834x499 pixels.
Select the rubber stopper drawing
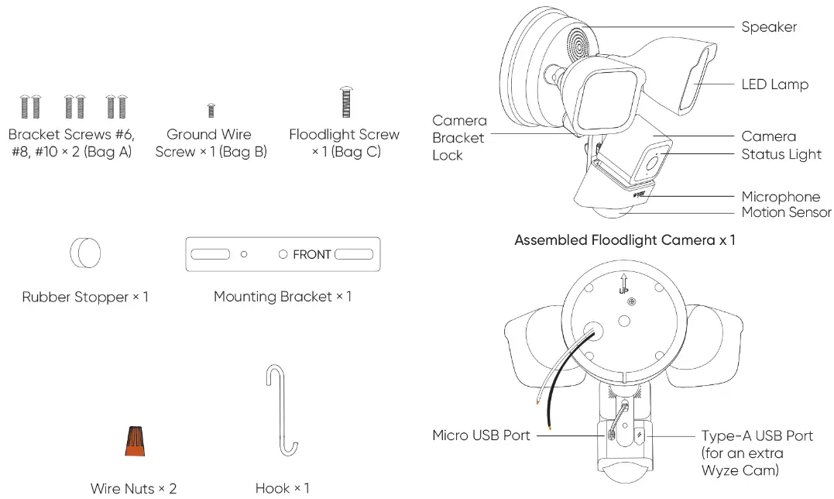click(85, 253)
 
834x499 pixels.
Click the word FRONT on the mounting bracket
click(311, 254)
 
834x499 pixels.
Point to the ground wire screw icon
click(211, 110)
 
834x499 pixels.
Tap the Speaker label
click(768, 27)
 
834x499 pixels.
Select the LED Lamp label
click(774, 84)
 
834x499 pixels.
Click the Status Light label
click(781, 154)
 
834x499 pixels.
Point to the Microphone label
click(780, 197)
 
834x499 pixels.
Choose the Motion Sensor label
click(785, 212)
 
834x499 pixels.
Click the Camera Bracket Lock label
click(459, 138)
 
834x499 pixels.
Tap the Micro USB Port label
click(481, 435)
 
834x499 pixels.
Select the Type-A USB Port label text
click(757, 435)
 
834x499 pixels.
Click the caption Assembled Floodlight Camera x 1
click(624, 240)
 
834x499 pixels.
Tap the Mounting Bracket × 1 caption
click(282, 297)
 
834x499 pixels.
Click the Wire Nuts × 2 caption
click(133, 488)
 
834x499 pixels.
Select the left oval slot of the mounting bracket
click(211, 254)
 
